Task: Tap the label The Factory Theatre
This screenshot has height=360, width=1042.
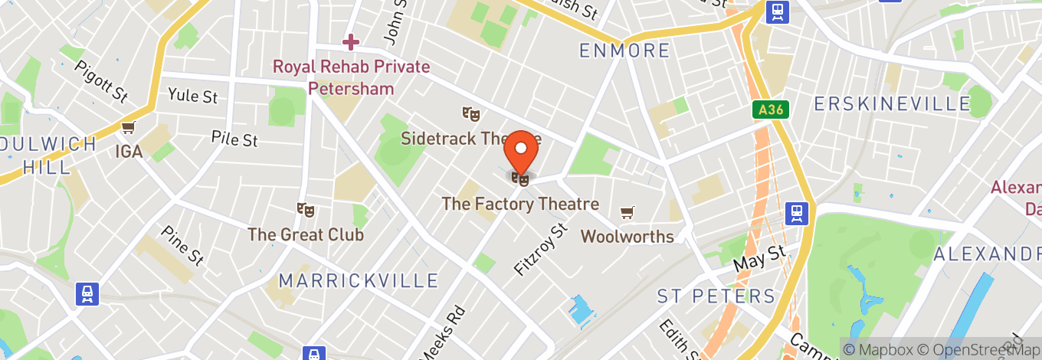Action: point(520,205)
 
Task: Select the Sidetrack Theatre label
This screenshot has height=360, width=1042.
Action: point(471,139)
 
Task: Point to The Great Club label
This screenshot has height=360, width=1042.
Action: point(305,234)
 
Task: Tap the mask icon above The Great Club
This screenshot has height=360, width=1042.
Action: point(306,209)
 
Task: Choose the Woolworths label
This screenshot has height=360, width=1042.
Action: point(627,237)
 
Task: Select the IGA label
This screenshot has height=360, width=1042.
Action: point(129,152)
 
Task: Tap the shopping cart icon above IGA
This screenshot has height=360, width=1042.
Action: point(128,127)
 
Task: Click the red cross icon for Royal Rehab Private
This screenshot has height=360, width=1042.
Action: point(351,41)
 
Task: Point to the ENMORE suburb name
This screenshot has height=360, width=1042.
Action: point(624,51)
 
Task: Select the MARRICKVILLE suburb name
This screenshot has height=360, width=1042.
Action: point(359,281)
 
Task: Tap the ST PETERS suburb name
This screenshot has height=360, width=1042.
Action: point(716,296)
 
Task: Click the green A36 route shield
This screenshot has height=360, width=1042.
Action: point(770,110)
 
